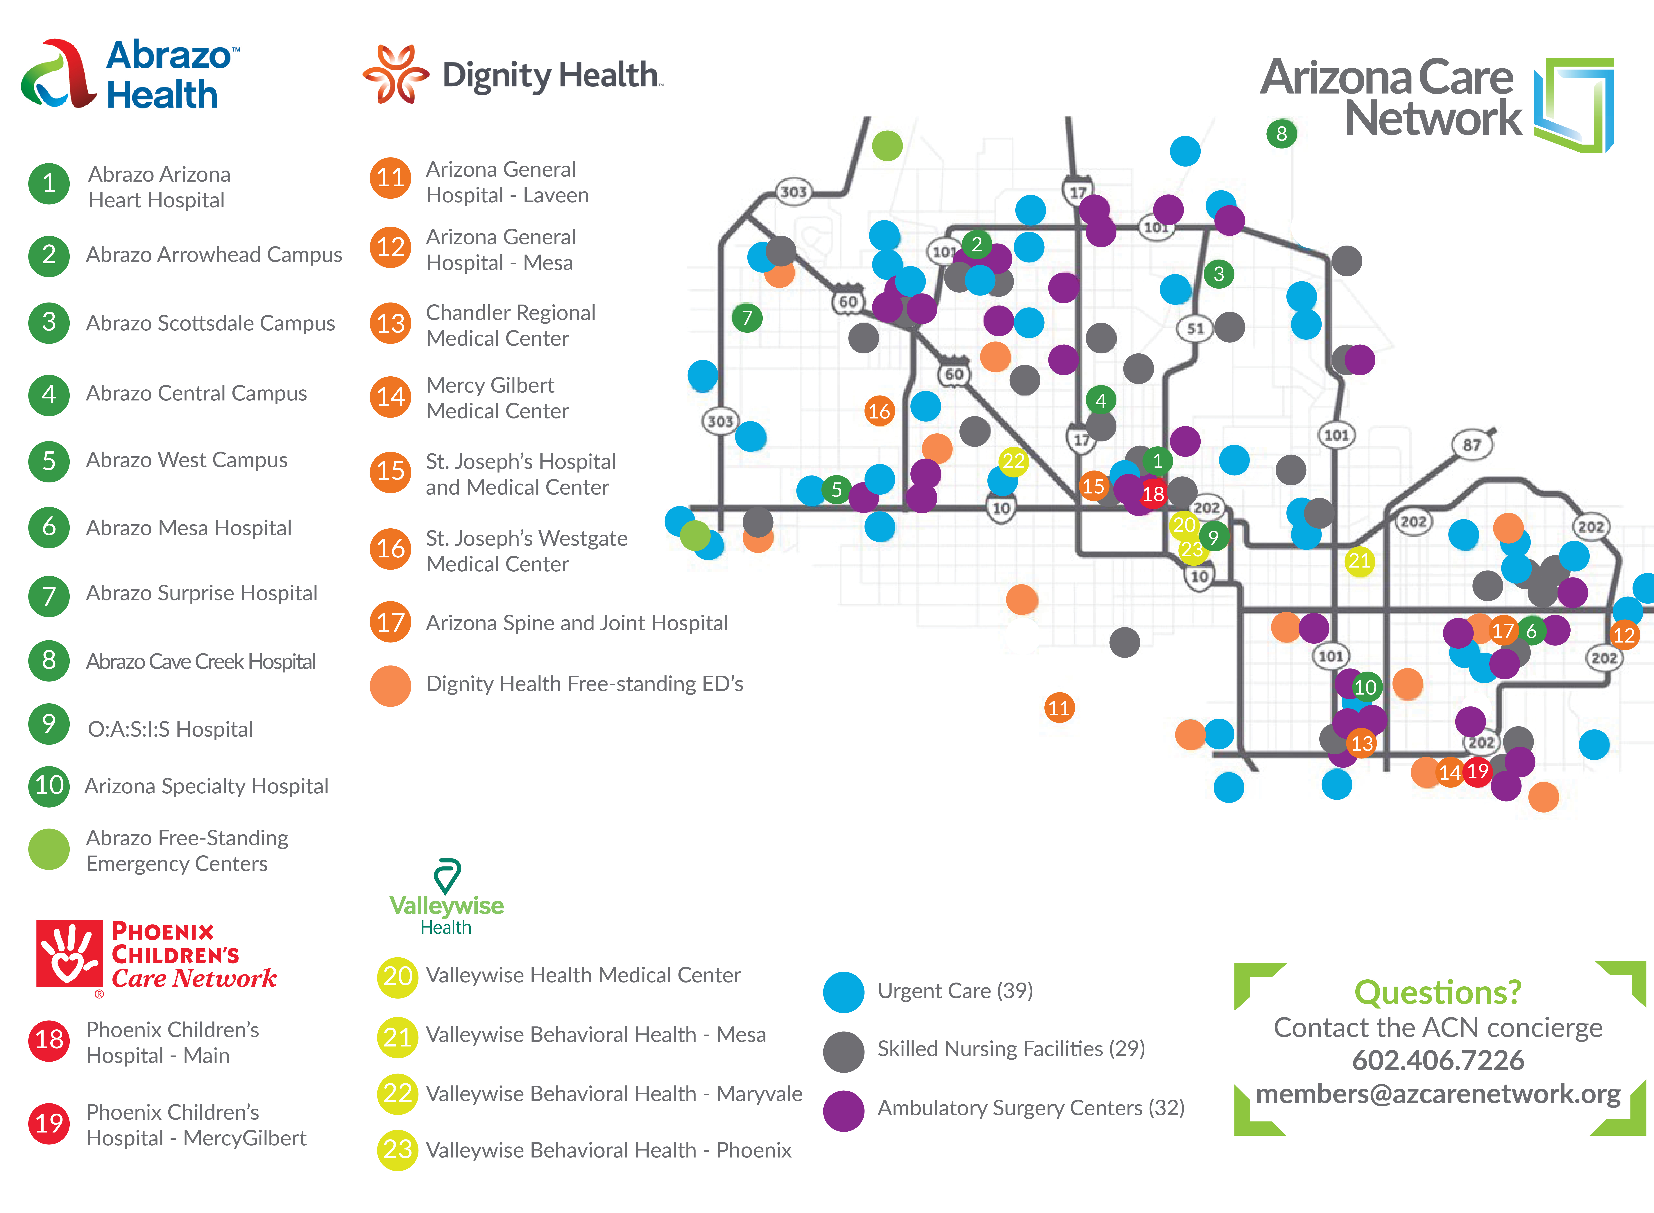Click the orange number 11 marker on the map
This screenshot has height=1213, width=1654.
click(x=1059, y=708)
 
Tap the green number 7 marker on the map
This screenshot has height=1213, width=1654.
click(x=747, y=318)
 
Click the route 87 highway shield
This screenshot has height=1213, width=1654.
click(x=1472, y=445)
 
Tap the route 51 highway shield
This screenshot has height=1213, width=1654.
click(x=1195, y=328)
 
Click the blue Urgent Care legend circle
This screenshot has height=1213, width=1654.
click(x=844, y=992)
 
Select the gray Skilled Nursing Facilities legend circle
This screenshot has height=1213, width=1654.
click(x=844, y=1051)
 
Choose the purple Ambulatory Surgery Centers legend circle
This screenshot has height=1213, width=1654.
click(x=844, y=1110)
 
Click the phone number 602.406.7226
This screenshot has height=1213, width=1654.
click(x=1438, y=1060)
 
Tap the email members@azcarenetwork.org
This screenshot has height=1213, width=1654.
click(x=1438, y=1094)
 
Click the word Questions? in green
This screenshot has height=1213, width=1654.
click(x=1438, y=993)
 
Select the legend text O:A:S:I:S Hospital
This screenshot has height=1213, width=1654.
click(x=170, y=729)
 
